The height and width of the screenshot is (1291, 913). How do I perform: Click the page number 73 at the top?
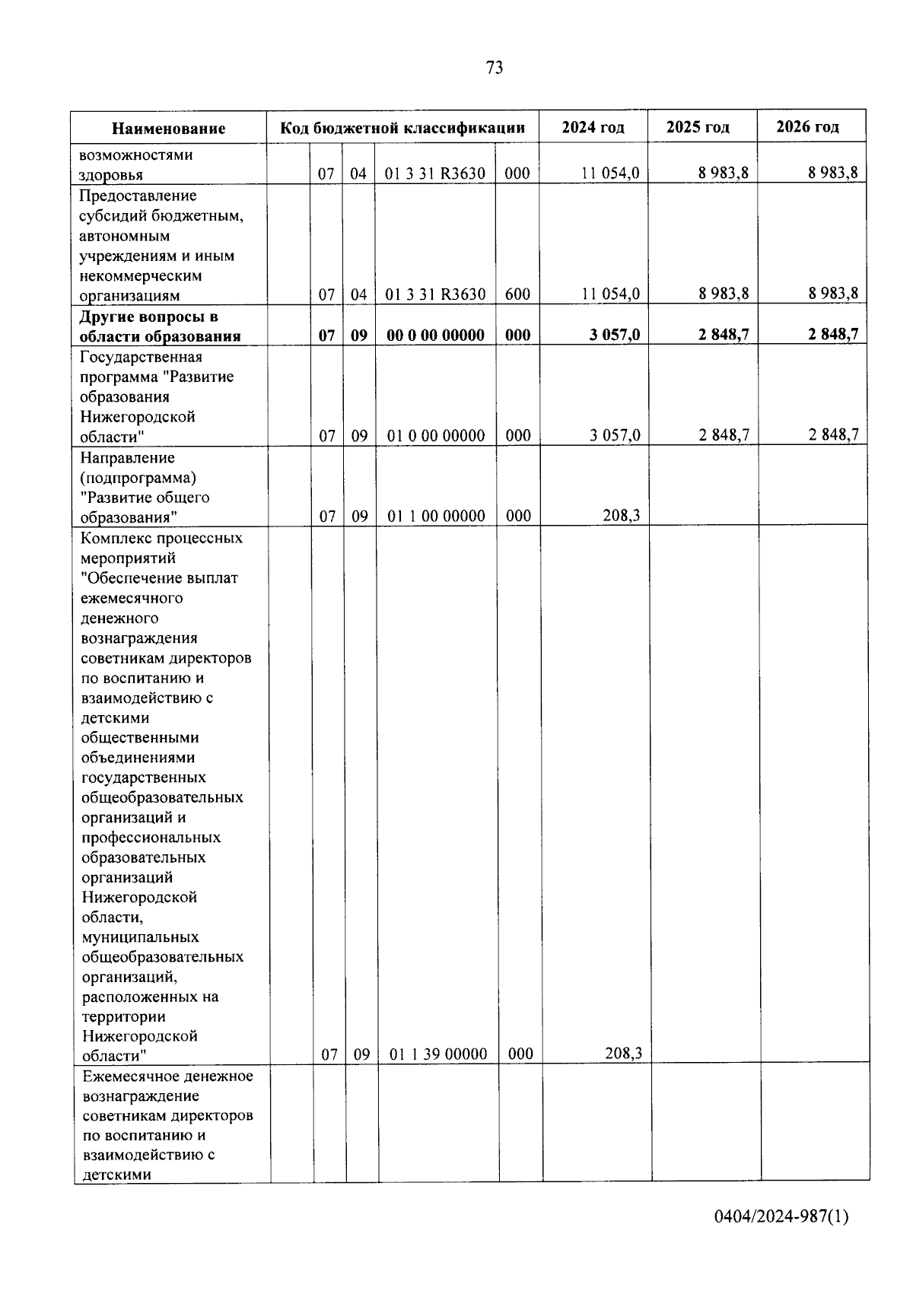pos(494,68)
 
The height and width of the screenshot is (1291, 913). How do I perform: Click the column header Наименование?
pos(168,128)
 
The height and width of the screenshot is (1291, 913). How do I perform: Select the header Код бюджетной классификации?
pos(402,127)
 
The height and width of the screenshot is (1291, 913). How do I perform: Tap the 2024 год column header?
pos(593,127)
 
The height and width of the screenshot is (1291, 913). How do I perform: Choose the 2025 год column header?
pos(698,127)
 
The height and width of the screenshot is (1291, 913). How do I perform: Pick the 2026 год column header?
pos(807,127)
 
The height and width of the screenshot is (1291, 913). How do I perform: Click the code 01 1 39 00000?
pos(437,1054)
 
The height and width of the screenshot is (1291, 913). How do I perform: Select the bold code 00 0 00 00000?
pos(435,335)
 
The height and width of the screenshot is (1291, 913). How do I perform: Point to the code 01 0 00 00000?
pos(436,436)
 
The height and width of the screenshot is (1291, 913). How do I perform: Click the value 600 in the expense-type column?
pos(517,294)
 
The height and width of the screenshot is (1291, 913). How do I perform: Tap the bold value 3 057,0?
pos(614,335)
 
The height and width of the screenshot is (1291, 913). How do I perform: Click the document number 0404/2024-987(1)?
pos(781,1216)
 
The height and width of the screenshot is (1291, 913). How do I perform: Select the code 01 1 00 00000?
pos(437,516)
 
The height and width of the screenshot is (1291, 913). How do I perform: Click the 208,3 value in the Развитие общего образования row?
pos(622,516)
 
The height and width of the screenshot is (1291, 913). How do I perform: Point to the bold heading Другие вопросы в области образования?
pos(160,326)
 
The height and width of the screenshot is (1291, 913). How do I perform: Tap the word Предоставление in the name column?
pos(138,196)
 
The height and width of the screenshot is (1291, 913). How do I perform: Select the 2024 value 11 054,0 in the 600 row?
pos(610,294)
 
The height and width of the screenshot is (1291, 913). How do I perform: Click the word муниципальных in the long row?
pos(140,937)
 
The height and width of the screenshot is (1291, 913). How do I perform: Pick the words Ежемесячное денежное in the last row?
pos(167,1076)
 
